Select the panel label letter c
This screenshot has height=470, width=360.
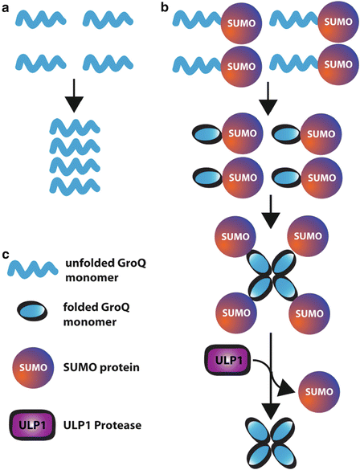pyautogui.click(x=6, y=255)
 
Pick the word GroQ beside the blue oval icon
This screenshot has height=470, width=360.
pyautogui.click(x=137, y=306)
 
